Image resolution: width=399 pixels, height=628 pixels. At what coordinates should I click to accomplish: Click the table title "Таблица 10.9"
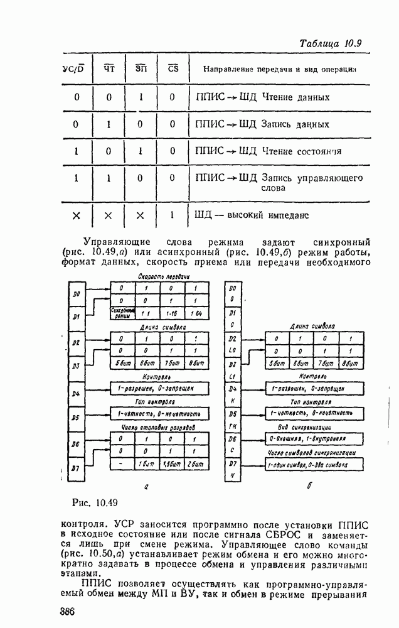coord(331,44)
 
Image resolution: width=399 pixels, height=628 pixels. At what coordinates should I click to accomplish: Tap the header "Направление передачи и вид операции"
coord(276,68)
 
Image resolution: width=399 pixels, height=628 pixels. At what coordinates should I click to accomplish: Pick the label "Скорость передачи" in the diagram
coord(164,276)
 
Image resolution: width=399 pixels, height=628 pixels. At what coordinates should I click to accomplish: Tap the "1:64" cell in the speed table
coord(196,312)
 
